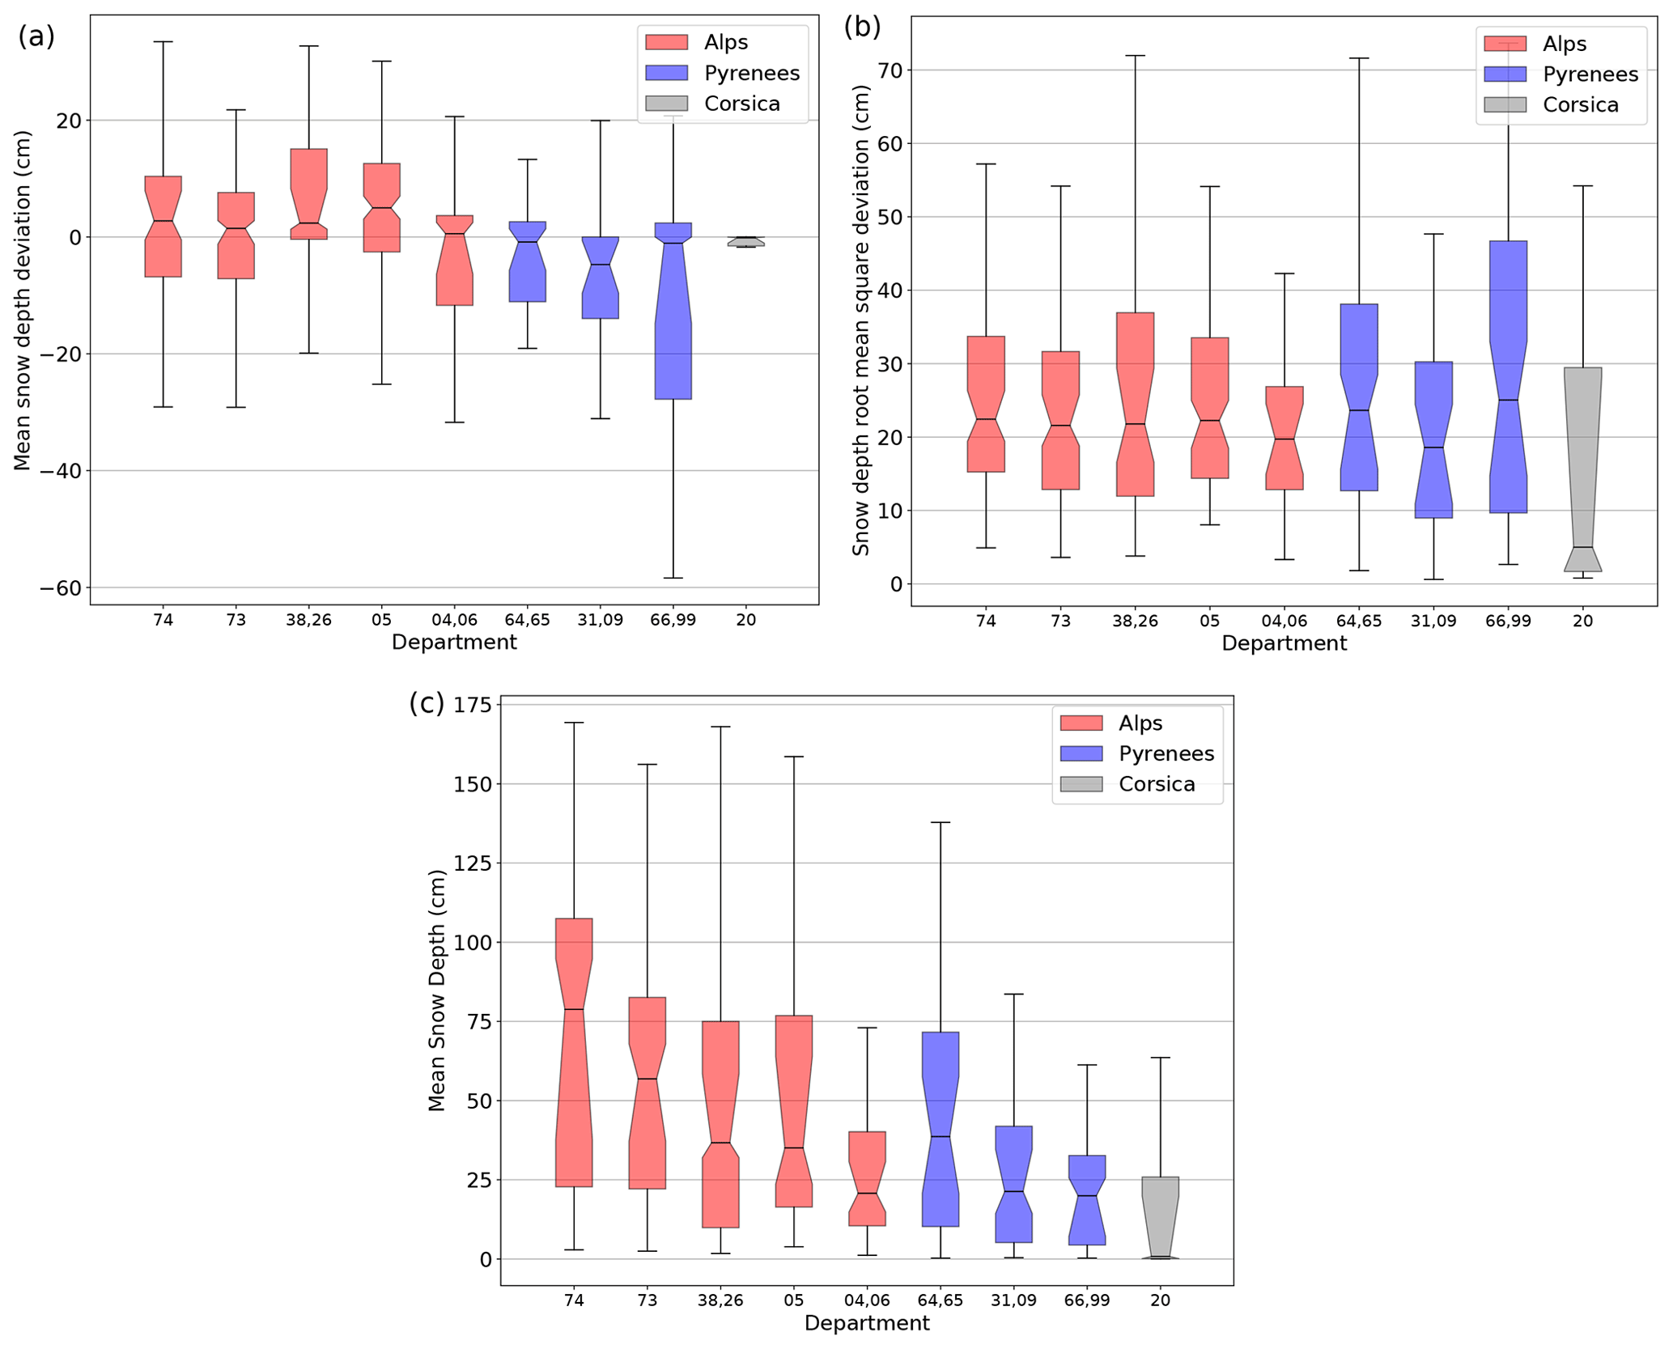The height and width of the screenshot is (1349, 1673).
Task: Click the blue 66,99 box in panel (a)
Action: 673,324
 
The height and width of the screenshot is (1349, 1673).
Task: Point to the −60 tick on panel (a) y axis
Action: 61,588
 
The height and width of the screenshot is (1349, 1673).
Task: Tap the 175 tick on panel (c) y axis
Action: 473,705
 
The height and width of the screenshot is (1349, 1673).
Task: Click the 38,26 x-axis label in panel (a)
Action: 308,620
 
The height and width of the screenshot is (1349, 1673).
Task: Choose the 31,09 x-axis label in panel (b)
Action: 1433,621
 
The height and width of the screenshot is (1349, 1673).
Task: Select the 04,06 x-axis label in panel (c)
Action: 867,1300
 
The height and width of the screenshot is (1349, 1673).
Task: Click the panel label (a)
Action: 36,36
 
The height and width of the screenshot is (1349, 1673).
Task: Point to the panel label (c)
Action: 427,702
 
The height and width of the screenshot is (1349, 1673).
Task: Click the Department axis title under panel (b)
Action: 1284,643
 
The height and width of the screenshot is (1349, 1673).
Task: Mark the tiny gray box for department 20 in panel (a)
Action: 745,241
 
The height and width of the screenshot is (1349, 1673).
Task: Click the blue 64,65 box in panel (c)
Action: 940,1129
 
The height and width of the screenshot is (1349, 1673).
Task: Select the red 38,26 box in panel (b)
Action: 1135,405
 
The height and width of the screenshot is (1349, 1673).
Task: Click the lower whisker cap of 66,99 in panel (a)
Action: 673,578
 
